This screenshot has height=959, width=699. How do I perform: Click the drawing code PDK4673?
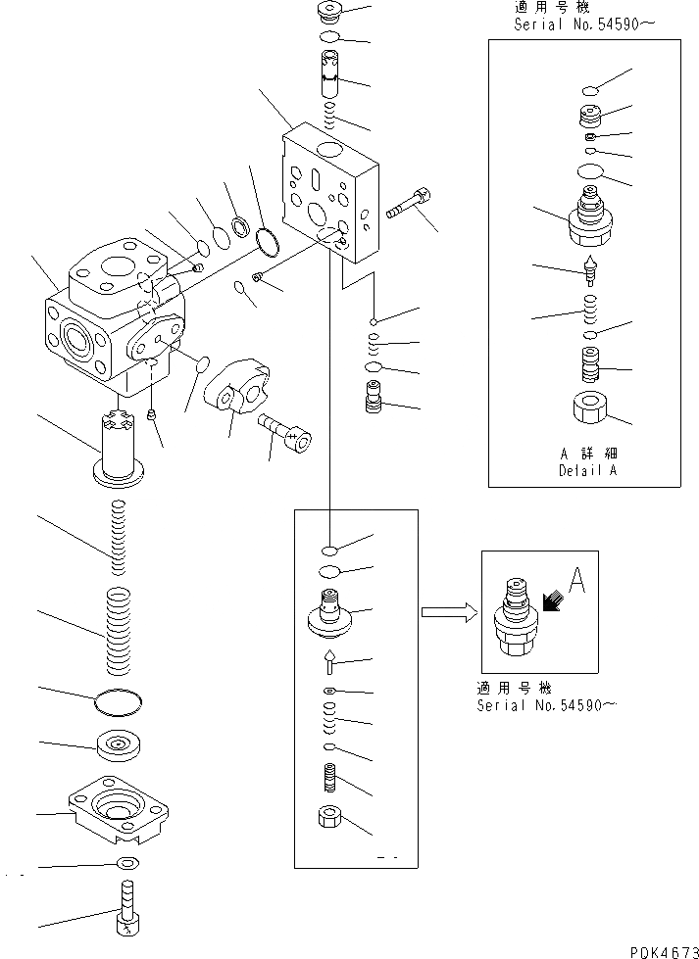point(664,952)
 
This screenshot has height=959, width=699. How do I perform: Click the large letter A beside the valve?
point(576,580)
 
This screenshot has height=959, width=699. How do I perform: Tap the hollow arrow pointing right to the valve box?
point(449,612)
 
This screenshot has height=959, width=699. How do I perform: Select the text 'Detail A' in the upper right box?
point(587,470)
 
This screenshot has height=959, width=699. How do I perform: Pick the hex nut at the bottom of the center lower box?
point(330,817)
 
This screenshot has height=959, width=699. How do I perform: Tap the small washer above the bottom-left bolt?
point(128,863)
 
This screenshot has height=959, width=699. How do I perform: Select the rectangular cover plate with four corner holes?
point(118,807)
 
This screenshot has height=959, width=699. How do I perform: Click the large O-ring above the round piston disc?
point(119,702)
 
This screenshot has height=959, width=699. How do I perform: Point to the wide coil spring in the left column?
point(119,631)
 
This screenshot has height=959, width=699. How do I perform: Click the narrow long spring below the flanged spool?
point(118,538)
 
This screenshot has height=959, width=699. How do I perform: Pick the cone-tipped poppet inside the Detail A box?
point(590,269)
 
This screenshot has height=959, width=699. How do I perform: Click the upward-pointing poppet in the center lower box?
point(329,662)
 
